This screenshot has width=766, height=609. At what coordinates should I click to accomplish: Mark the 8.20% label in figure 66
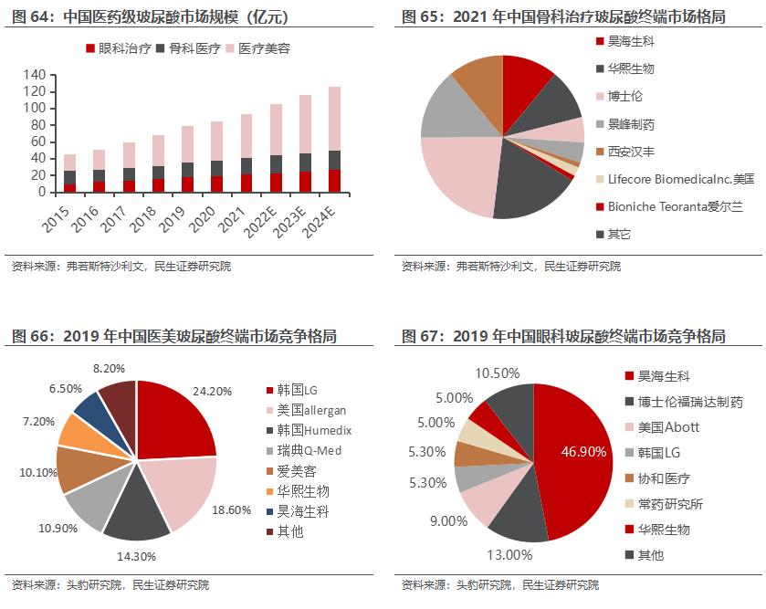110,368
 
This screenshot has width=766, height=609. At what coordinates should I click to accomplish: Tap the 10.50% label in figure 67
497,373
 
